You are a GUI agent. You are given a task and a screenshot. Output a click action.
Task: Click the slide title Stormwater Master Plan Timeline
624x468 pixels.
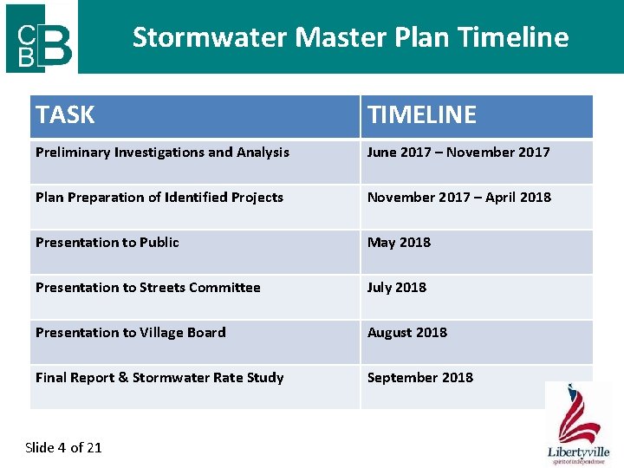pyautogui.click(x=350, y=37)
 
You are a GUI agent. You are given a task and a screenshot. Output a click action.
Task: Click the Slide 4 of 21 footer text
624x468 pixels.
pyautogui.click(x=63, y=447)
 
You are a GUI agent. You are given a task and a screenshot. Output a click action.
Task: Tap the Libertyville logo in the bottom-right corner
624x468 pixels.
pyautogui.click(x=578, y=425)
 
